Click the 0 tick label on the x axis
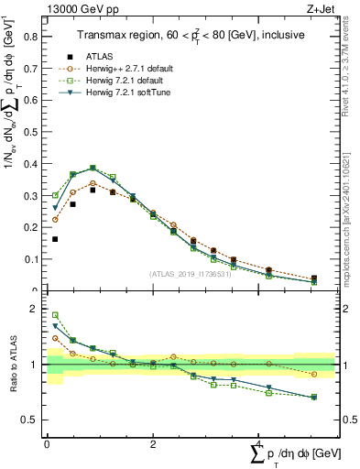(x=47, y=444)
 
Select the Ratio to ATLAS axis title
(x=13, y=365)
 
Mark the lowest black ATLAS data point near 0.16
(x=55, y=239)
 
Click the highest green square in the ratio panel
(x=55, y=315)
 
